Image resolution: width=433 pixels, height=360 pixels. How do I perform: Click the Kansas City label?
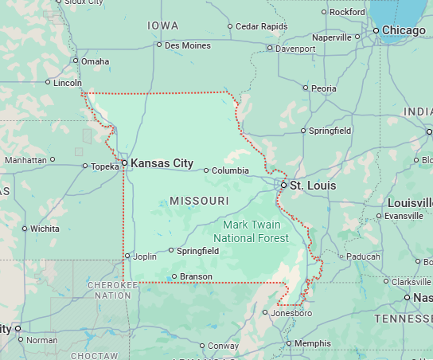coord(162,163)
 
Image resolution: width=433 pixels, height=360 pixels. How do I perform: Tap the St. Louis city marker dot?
coord(283,185)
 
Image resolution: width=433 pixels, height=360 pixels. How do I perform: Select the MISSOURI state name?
coord(199,200)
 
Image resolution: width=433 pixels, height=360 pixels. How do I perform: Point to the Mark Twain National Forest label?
coord(256,231)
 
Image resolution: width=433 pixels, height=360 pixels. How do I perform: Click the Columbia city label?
coord(230,170)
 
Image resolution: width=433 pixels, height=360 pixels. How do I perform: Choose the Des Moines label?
coord(188,45)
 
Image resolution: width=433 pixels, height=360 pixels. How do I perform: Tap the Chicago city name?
coord(404,30)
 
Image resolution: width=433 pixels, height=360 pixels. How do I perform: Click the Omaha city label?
coord(95,61)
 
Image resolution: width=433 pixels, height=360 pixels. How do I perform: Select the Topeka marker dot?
coord(85,166)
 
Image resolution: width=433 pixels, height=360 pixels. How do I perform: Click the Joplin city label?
coord(144,256)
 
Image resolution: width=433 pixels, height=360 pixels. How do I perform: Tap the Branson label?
coord(196,276)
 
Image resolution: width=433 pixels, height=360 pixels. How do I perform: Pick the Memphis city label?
coord(312,343)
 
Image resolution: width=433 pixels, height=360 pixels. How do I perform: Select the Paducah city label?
coord(364,256)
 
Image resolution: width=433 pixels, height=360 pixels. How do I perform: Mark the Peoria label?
coord(324,88)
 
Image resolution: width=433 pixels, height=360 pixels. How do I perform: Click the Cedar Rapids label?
coord(262,26)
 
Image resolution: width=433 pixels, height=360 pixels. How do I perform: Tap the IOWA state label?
coord(163,26)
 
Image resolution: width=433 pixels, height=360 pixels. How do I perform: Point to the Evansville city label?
coord(404,216)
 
